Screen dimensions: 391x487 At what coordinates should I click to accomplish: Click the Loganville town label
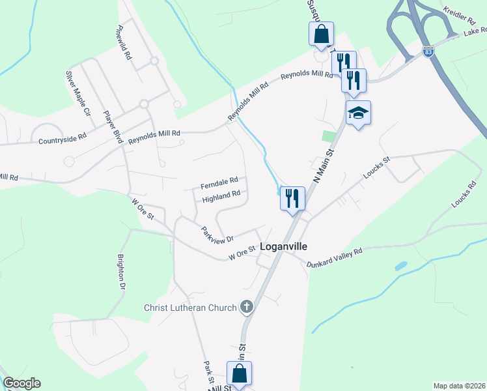click(x=283, y=247)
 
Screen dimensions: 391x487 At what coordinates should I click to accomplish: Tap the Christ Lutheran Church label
click(x=190, y=308)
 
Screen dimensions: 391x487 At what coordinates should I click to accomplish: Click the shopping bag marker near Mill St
click(x=239, y=374)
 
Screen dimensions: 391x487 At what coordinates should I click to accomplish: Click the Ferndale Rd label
click(x=219, y=181)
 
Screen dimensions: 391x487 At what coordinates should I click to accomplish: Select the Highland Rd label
click(x=221, y=196)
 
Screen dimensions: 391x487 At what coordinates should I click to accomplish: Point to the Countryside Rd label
click(x=63, y=139)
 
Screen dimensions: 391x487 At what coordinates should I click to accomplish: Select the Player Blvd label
click(x=113, y=127)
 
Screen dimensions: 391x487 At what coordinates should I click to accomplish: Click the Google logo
click(x=21, y=383)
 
